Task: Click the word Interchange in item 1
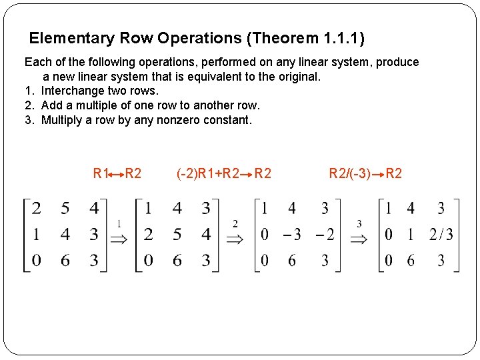pos(73,91)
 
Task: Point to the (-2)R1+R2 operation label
pos(207,173)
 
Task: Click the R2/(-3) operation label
pos(349,173)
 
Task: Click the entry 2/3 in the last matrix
pos(441,234)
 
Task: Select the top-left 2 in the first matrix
pos(36,209)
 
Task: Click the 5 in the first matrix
pos(65,209)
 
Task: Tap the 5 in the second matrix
pos(177,234)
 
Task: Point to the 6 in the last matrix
pos(411,260)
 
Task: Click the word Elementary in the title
pos(69,38)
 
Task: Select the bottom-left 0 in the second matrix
pos(148,260)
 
